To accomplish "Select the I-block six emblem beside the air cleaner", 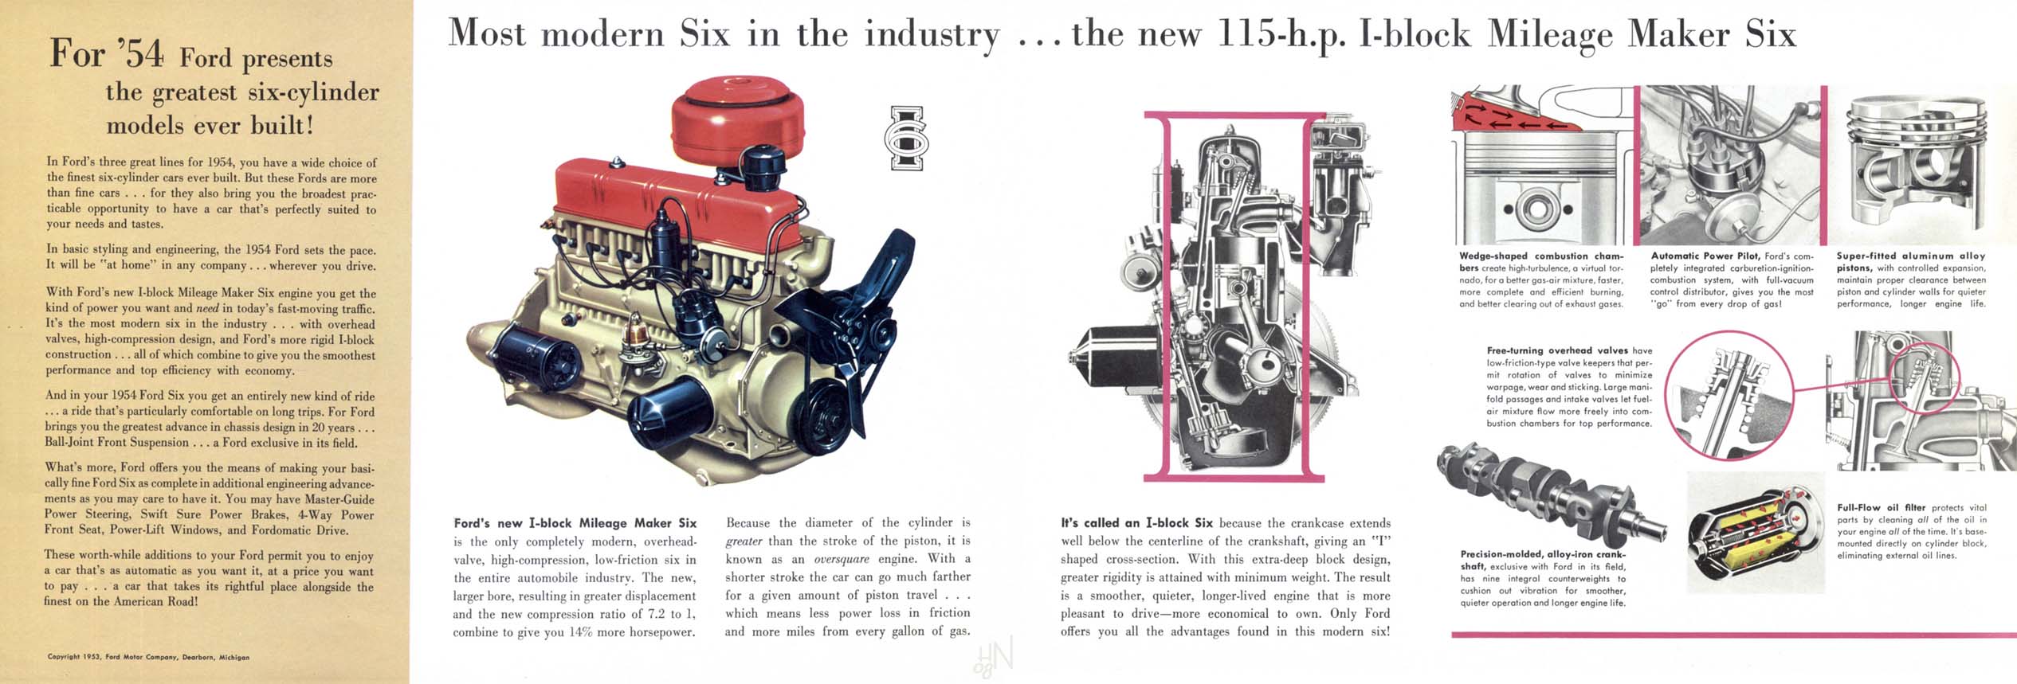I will (x=906, y=138).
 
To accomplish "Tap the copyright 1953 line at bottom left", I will (x=148, y=657).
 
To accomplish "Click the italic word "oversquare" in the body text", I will (x=841, y=560).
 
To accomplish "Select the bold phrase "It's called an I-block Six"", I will (x=1136, y=523).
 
